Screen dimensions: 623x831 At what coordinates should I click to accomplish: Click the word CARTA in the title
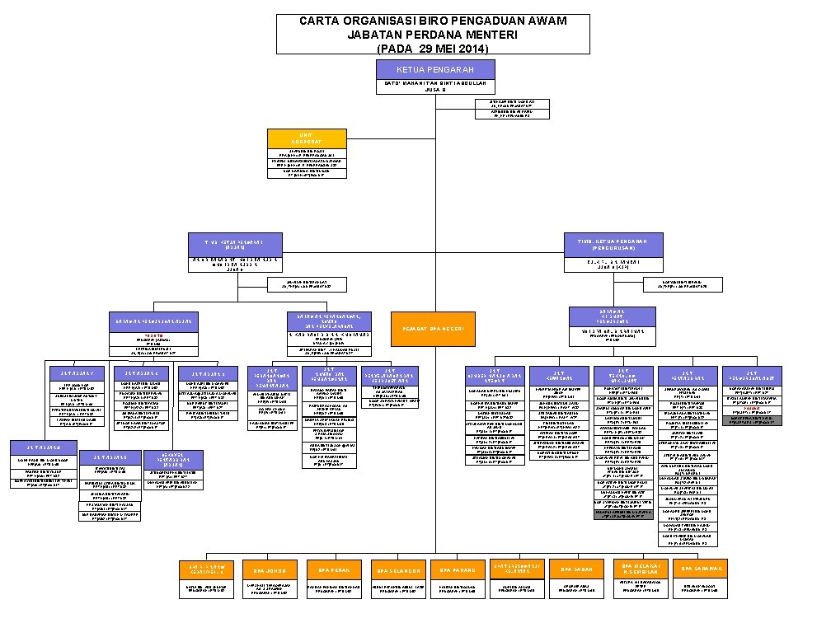[322, 20]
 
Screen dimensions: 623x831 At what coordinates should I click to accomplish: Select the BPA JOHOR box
[270, 569]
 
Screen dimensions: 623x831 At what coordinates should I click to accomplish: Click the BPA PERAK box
[332, 569]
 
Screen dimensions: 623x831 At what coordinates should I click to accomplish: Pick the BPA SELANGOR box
[398, 569]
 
